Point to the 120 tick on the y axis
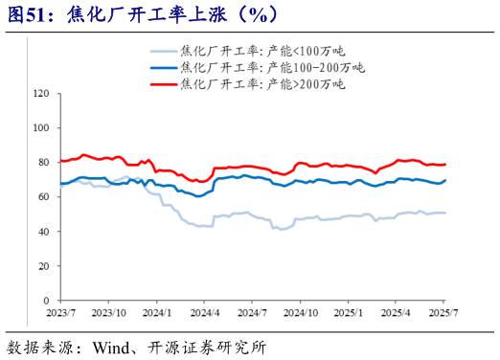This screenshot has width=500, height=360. click(x=41, y=94)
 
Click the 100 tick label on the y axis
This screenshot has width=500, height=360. click(x=41, y=128)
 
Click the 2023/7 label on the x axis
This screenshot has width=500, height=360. click(x=59, y=312)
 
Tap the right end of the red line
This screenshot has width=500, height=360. click(x=445, y=165)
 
